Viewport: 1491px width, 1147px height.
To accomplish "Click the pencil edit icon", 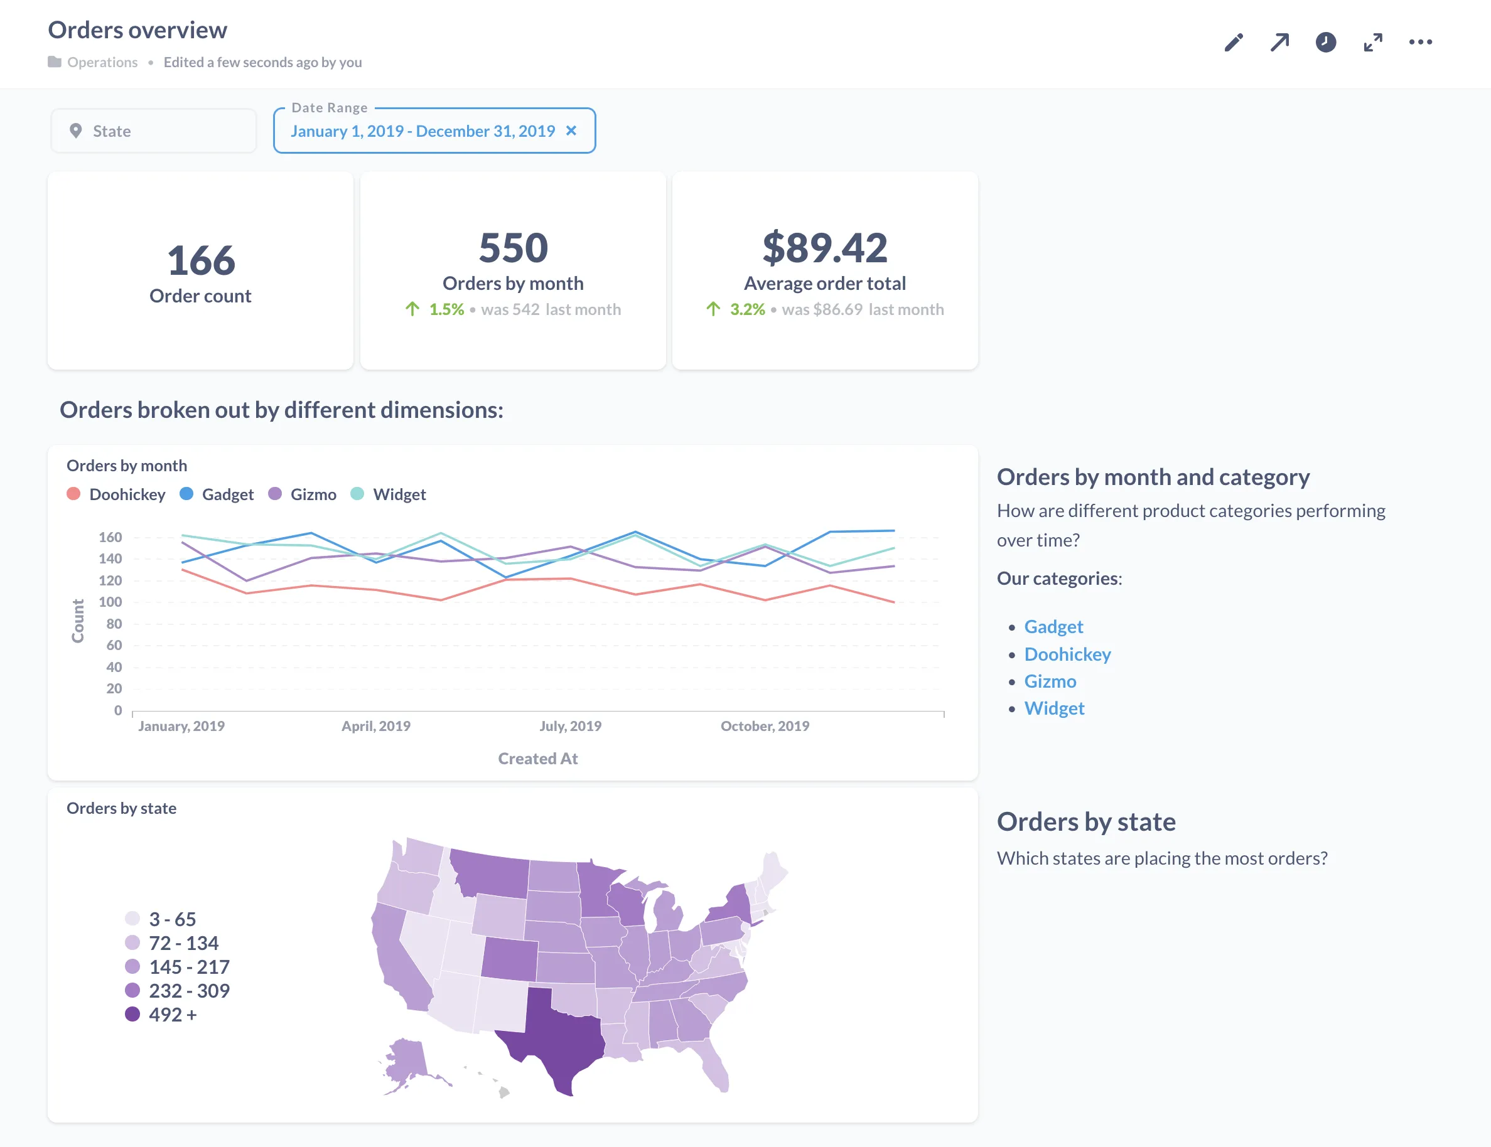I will click(x=1233, y=42).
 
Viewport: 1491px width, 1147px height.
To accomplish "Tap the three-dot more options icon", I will click(x=1420, y=42).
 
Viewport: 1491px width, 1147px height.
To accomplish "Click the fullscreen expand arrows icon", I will click(x=1373, y=42).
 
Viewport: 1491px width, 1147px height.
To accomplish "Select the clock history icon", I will click(x=1325, y=42).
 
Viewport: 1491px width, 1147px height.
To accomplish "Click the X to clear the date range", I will click(x=571, y=131).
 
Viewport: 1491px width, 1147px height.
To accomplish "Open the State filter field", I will click(x=154, y=131).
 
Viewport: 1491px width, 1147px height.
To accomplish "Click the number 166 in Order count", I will click(x=201, y=261).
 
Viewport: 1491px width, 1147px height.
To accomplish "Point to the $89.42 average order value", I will click(x=825, y=248).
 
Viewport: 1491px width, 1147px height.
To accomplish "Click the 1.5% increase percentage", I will click(x=446, y=310).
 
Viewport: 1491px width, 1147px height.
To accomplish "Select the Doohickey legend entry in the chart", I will click(x=127, y=494).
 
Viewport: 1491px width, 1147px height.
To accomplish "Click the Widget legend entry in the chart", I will click(x=399, y=494).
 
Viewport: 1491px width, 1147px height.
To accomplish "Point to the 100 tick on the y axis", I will click(x=110, y=602).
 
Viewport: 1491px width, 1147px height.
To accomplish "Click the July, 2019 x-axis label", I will click(x=570, y=726).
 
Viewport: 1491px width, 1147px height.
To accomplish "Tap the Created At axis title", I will click(x=537, y=759).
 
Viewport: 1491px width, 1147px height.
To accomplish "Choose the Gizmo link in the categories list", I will click(x=1050, y=681).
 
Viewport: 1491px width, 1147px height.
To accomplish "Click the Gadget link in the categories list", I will click(x=1053, y=627).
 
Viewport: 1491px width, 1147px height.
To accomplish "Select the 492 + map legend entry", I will click(x=172, y=1015).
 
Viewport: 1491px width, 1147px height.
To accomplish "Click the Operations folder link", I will click(x=102, y=62).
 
